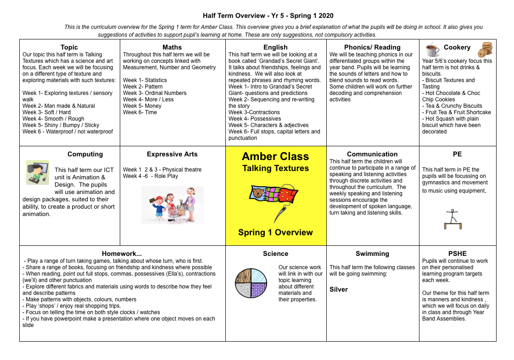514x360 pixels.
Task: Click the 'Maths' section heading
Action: pos(172,47)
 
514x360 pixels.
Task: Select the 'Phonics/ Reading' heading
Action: pos(372,47)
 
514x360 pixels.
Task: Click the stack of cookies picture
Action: pos(485,49)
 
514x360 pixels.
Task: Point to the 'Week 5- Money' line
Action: pos(142,106)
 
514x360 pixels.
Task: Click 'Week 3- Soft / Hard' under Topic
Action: pos(47,112)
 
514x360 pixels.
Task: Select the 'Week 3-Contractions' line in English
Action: pos(254,112)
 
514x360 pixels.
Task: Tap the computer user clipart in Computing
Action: pos(37,172)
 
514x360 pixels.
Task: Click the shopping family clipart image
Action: pos(172,205)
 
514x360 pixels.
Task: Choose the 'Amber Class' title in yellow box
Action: pos(275,156)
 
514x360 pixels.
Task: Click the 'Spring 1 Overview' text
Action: pos(275,233)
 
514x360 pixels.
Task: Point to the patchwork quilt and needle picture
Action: pos(275,200)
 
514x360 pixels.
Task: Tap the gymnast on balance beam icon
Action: pos(453,219)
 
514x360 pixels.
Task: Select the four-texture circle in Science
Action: pos(251,283)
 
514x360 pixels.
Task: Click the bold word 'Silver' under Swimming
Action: pos(339,289)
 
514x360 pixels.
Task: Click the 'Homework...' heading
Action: pos(122,254)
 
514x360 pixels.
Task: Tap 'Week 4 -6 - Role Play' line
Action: pos(151,176)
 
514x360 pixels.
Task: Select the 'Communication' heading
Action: pos(372,154)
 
